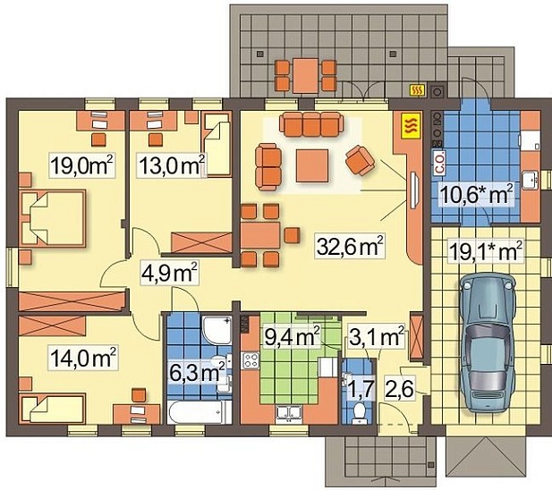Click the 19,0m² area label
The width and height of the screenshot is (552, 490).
point(82,165)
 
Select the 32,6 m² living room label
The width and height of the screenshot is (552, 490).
point(350,245)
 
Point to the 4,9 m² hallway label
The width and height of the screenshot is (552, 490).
point(170,272)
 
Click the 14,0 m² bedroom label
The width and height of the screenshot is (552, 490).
point(83,357)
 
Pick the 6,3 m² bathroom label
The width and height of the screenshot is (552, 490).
point(197,372)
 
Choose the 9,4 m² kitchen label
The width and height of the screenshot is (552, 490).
point(292,336)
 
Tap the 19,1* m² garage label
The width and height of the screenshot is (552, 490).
point(486,251)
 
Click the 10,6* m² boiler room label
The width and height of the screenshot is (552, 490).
point(476,195)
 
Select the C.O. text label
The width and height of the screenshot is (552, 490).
point(439,163)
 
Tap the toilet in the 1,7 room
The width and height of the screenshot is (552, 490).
point(359,412)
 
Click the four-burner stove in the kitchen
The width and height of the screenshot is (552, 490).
point(251,360)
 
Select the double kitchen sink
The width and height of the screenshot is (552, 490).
point(289,414)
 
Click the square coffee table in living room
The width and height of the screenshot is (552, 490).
point(312,165)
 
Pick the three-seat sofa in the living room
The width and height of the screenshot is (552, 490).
point(311,124)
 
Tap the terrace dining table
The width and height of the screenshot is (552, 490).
point(306,76)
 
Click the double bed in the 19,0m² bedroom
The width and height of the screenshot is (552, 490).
point(53,218)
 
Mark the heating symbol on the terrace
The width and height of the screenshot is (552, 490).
point(418,90)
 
